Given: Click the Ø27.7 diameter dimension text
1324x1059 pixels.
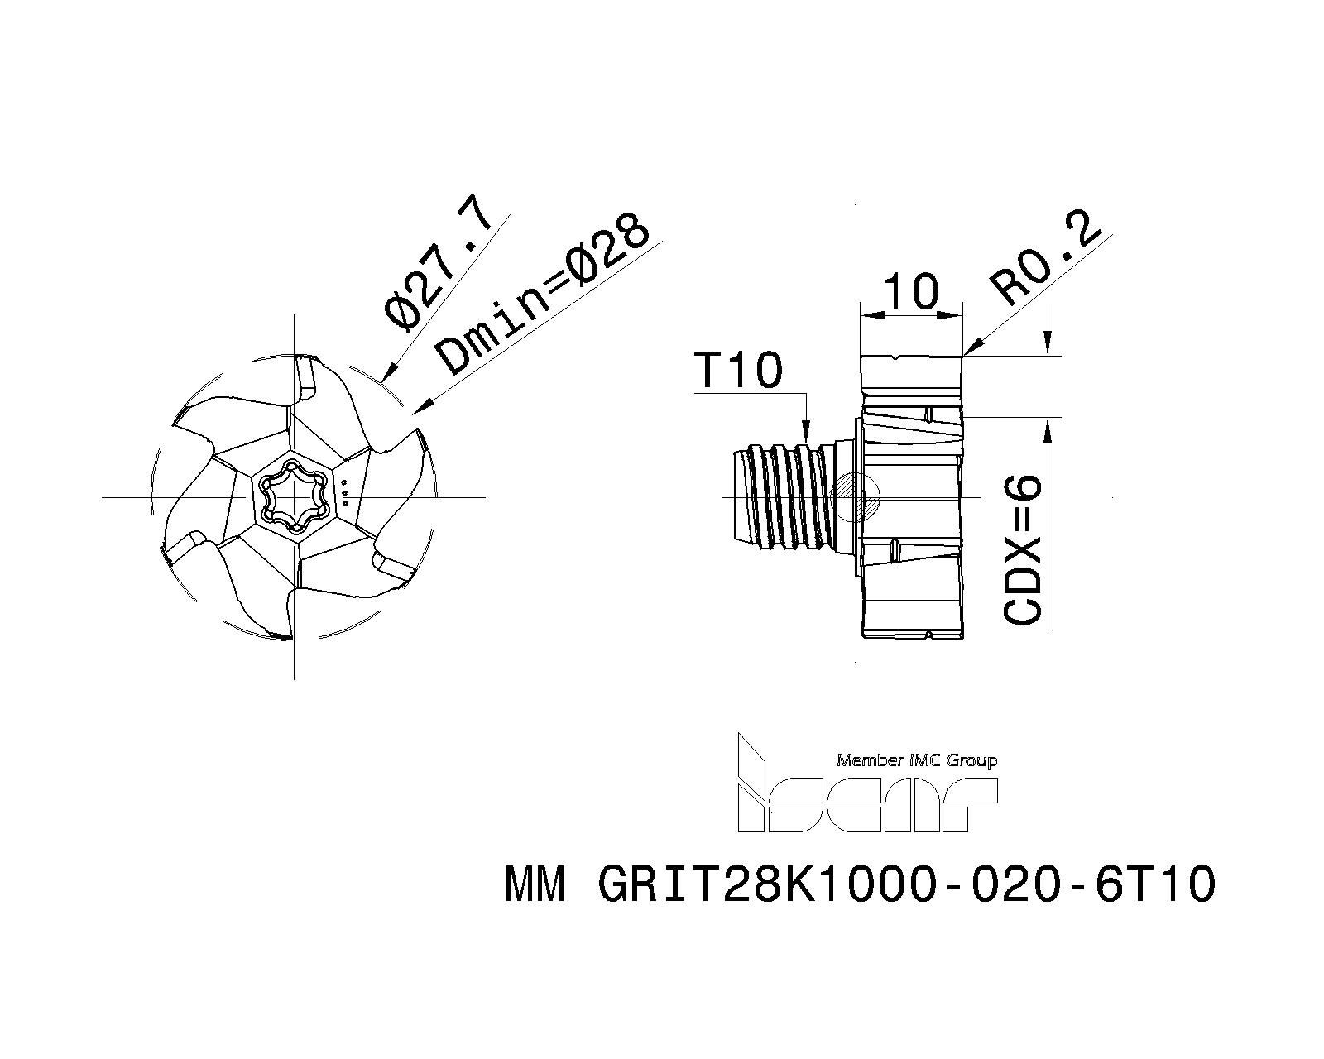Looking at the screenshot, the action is point(438,266).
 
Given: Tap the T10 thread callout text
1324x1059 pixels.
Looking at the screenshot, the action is point(737,371).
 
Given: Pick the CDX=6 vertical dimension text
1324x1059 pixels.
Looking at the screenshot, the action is point(1023,549).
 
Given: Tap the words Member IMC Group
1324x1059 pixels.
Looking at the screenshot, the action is point(916,760).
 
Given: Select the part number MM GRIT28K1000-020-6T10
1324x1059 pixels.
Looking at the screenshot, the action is point(860,884).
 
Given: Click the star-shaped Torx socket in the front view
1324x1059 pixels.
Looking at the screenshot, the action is point(294,496).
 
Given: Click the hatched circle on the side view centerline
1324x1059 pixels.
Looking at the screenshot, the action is point(855,496).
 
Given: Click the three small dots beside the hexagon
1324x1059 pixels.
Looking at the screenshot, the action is point(346,492).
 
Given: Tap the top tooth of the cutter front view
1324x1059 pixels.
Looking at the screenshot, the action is point(306,378).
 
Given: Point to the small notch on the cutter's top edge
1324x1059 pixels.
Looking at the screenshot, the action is point(895,357).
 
